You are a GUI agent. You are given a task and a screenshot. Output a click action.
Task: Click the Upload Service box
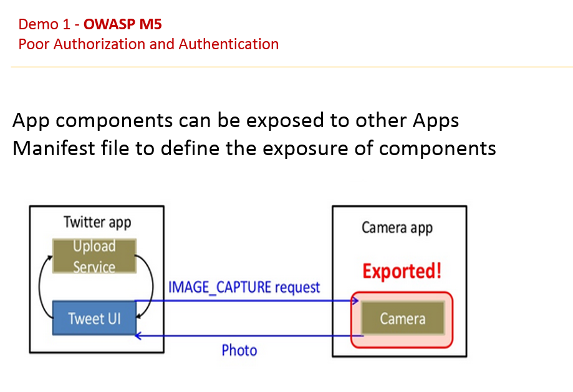[x=94, y=256]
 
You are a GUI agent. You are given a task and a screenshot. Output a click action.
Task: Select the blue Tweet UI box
[x=94, y=318]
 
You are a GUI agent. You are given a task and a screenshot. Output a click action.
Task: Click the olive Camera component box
[x=403, y=318]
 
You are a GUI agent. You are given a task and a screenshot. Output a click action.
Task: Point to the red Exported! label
[x=402, y=272]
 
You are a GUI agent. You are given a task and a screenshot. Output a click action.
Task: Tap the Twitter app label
[x=97, y=222]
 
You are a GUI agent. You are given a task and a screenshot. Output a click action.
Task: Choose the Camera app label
[x=397, y=227]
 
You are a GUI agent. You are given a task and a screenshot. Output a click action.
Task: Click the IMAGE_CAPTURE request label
[x=244, y=287]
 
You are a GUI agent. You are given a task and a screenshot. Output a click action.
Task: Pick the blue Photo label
[x=239, y=350]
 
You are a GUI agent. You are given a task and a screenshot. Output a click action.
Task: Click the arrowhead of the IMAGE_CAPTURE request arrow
[x=356, y=302]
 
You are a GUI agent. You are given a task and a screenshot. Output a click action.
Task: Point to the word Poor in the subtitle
[x=32, y=44]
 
